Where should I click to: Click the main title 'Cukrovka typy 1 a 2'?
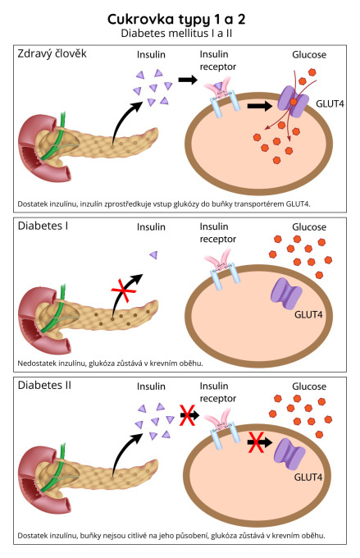(x=176, y=20)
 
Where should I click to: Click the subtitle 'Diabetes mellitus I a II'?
(x=176, y=34)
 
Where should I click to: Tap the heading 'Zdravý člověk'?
(x=52, y=53)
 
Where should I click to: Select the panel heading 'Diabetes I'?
(x=43, y=226)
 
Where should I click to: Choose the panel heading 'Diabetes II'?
(x=44, y=386)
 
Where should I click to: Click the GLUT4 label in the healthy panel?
(x=330, y=104)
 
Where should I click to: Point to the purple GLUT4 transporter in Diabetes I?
(x=286, y=294)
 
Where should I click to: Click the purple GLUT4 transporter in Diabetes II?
(x=289, y=454)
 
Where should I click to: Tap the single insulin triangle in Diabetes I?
(x=153, y=254)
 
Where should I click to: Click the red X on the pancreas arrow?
(x=124, y=290)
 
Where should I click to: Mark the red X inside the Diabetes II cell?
(x=256, y=442)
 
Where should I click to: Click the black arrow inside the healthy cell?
(x=260, y=106)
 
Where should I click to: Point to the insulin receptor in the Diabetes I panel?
(x=222, y=269)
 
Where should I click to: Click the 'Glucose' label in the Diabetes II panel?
(x=309, y=386)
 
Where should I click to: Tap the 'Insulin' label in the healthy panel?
(x=151, y=55)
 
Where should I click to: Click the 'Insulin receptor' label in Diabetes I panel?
(x=217, y=233)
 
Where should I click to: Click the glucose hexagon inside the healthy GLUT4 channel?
(x=294, y=102)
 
